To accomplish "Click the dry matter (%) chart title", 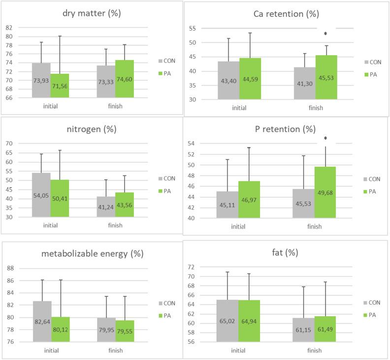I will coord(92,13).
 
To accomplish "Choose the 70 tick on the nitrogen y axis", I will coord(9,143).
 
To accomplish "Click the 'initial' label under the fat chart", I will coord(238,351).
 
